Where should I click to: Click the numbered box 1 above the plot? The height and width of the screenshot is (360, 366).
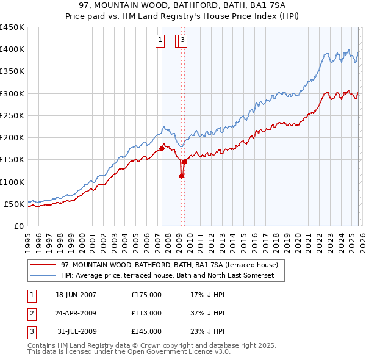(x=160, y=41)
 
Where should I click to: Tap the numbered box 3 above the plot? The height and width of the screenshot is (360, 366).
(x=182, y=41)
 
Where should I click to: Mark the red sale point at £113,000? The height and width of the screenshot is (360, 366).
(x=181, y=176)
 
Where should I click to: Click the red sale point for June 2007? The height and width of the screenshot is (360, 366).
(x=162, y=148)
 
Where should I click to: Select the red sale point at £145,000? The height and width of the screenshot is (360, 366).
(x=184, y=162)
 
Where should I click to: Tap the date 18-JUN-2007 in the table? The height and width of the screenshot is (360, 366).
(x=76, y=295)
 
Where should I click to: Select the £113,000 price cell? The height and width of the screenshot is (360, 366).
(x=146, y=313)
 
